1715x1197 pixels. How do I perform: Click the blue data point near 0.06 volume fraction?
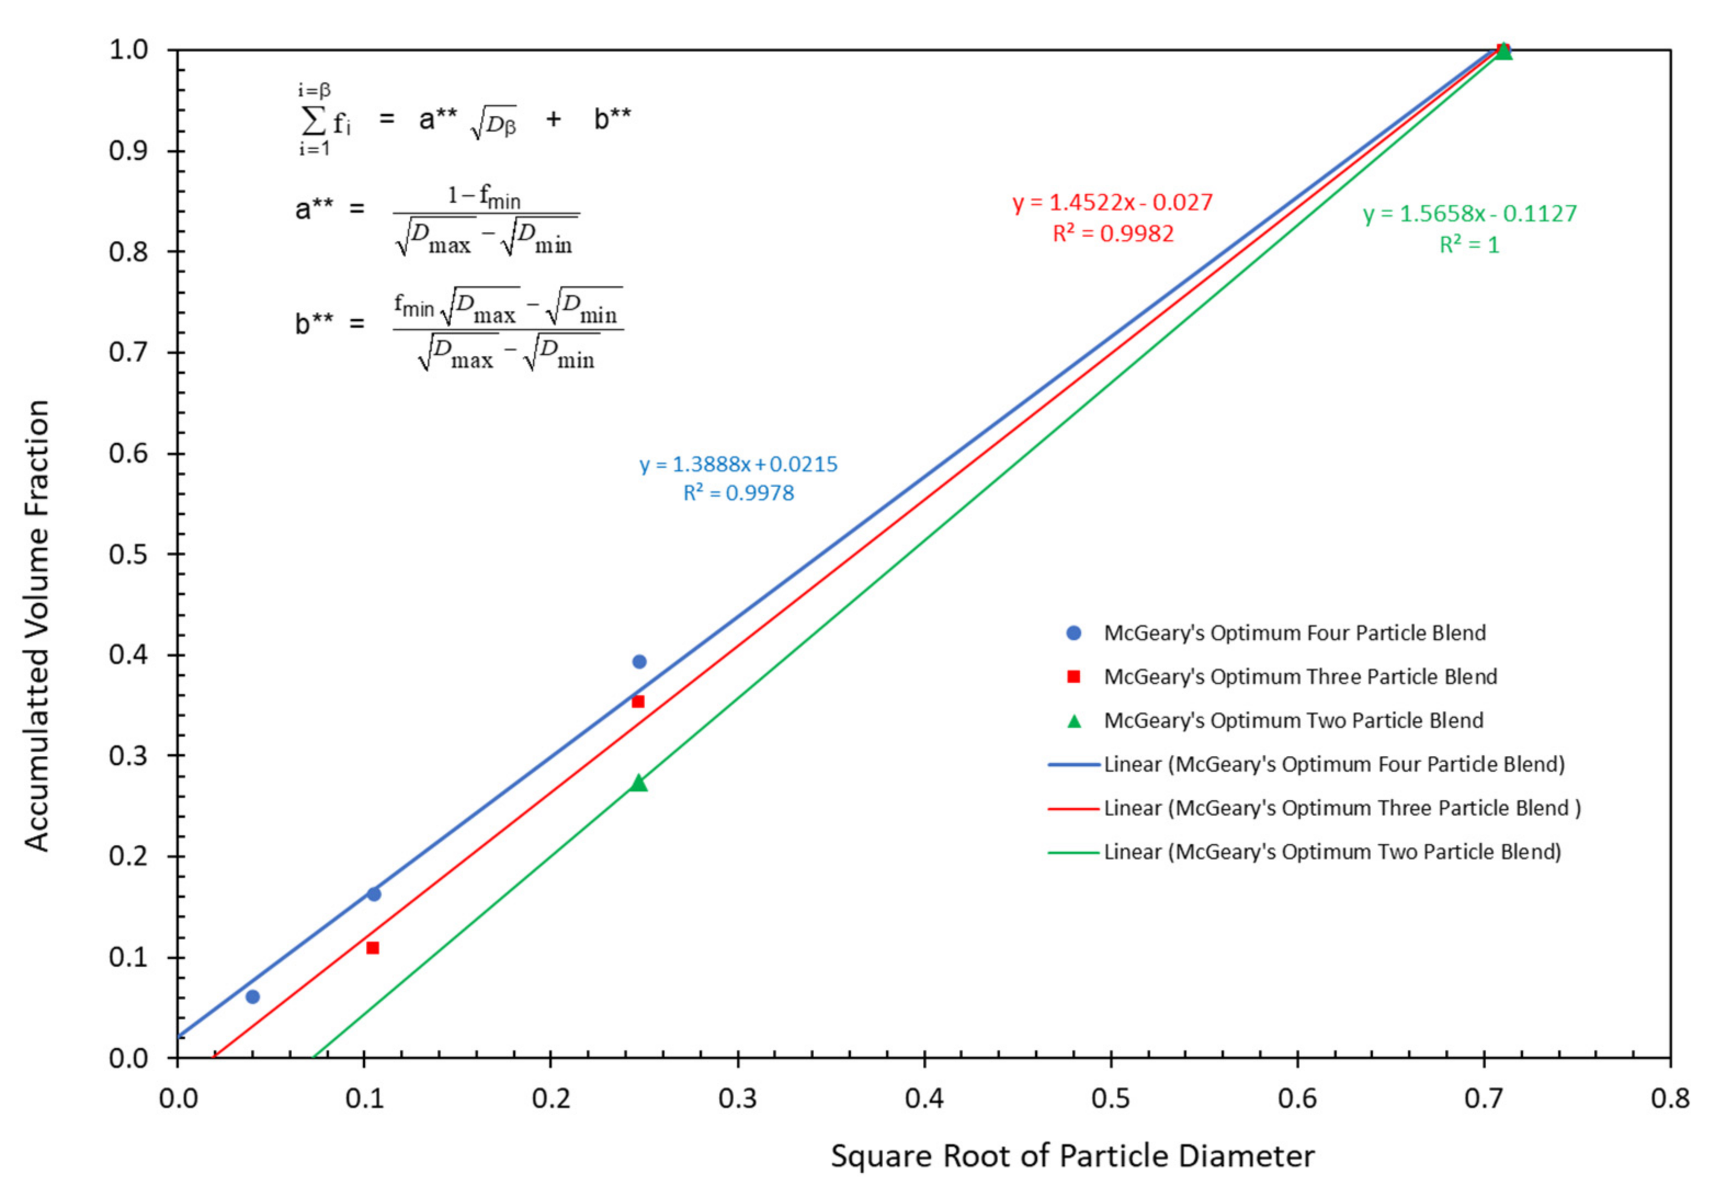[x=252, y=996]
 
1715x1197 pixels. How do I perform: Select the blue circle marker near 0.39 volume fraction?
[x=639, y=662]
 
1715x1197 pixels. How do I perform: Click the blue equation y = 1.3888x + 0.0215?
[x=738, y=464]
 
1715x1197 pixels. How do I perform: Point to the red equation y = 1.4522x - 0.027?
[x=1112, y=202]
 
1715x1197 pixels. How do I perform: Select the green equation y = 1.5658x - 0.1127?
[x=1469, y=214]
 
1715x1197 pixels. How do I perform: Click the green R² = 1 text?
[x=1469, y=245]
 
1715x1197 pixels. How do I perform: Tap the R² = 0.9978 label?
[x=738, y=493]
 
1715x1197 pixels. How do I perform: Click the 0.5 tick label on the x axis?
[x=1111, y=1098]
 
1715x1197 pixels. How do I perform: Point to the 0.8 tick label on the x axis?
[x=1670, y=1098]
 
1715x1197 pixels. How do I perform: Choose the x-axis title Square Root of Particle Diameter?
[x=1072, y=1156]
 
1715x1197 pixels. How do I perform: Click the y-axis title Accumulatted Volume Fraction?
[x=37, y=626]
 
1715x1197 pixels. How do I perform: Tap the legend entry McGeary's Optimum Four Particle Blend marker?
[x=1074, y=633]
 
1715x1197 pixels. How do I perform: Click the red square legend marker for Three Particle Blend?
[x=1074, y=676]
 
